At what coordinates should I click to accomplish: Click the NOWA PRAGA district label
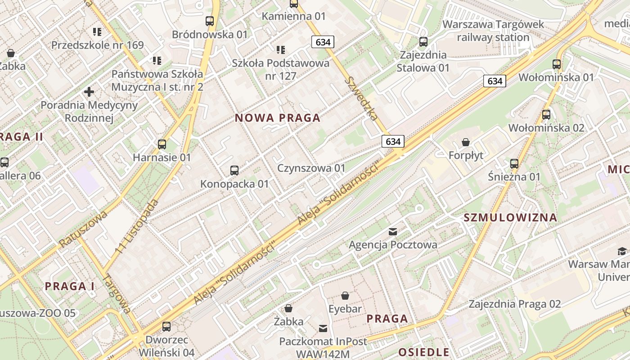pyautogui.click(x=278, y=118)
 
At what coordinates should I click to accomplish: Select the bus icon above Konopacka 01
pyautogui.click(x=234, y=170)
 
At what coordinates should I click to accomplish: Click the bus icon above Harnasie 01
pyautogui.click(x=162, y=144)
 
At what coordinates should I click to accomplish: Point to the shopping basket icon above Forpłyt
pyautogui.click(x=466, y=142)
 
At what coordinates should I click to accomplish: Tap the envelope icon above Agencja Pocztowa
pyautogui.click(x=393, y=231)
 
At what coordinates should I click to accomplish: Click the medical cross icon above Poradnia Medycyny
pyautogui.click(x=89, y=92)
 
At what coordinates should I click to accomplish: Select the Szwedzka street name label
pyautogui.click(x=361, y=98)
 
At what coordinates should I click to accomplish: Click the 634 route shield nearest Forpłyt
pyautogui.click(x=393, y=141)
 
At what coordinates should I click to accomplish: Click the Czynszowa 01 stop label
pyautogui.click(x=311, y=168)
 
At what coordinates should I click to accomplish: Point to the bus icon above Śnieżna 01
pyautogui.click(x=514, y=163)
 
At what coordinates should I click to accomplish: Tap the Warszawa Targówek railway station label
pyautogui.click(x=493, y=31)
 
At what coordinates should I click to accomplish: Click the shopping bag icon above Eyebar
pyautogui.click(x=345, y=296)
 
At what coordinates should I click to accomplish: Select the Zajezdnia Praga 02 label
pyautogui.click(x=515, y=304)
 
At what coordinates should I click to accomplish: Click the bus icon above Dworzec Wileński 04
pyautogui.click(x=166, y=326)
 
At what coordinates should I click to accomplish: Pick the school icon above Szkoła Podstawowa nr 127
pyautogui.click(x=281, y=49)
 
